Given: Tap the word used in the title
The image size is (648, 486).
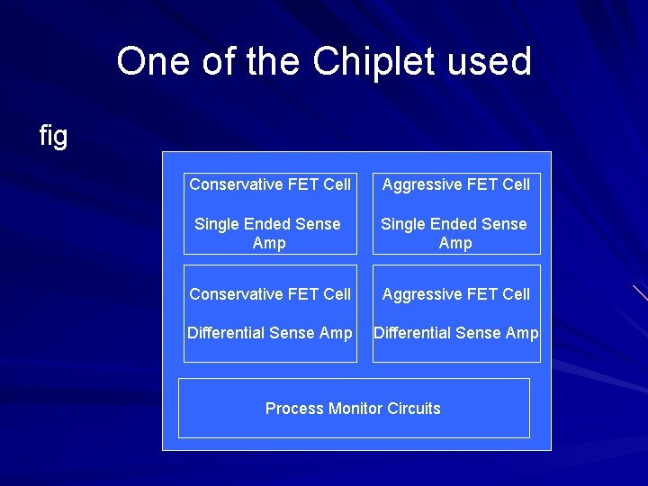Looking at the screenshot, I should click(x=495, y=62).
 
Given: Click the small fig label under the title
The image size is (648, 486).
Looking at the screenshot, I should click(x=53, y=136).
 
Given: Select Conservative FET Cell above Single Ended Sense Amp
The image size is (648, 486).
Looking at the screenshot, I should click(x=270, y=184).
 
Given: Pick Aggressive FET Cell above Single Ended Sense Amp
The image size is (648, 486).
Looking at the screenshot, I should click(x=456, y=184).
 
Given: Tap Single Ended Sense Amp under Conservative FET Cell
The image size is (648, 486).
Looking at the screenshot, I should click(x=268, y=233).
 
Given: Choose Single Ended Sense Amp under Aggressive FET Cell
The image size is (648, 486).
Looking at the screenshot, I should click(x=454, y=233).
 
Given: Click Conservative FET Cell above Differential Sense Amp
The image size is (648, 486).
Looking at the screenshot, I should click(x=270, y=294).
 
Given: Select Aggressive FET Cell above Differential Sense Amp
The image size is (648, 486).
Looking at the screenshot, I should click(x=456, y=294).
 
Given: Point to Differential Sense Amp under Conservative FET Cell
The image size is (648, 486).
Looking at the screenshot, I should click(x=270, y=333).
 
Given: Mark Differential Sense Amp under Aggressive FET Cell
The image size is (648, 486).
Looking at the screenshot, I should click(x=456, y=333).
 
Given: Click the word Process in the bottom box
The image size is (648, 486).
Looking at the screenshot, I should click(x=294, y=409).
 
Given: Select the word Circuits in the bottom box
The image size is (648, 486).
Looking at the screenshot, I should click(x=414, y=409).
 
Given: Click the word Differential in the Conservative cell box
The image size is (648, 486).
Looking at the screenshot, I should click(x=227, y=333).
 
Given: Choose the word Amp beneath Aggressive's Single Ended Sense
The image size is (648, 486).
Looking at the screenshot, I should click(x=455, y=243).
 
